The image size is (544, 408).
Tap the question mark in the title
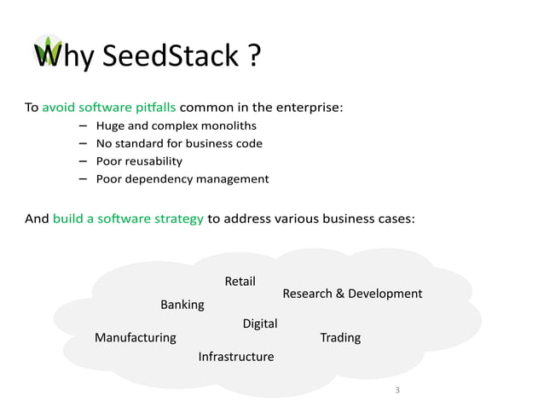[252, 57]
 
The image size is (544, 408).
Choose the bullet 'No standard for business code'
[179, 143]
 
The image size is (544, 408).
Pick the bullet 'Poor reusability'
[139, 161]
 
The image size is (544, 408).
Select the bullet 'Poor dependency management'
[182, 179]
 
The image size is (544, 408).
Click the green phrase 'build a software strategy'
[128, 219]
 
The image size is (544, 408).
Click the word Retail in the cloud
[240, 282]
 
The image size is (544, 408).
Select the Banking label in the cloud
[182, 305]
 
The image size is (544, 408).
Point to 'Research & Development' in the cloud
[352, 294]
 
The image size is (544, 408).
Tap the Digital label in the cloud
[260, 323]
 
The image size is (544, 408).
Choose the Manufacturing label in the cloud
[136, 337]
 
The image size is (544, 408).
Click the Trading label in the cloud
[340, 337]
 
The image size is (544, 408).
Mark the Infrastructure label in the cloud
[236, 357]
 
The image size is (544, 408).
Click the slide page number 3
[397, 390]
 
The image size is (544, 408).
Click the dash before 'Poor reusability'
[83, 161]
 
